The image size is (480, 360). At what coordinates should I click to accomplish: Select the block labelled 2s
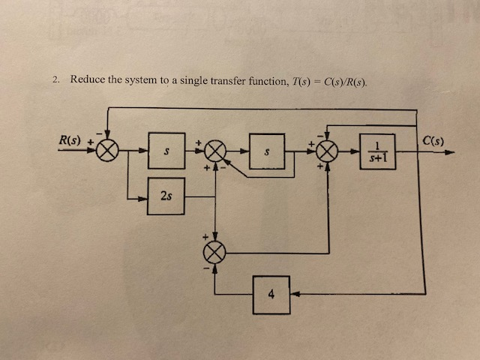[x=166, y=196]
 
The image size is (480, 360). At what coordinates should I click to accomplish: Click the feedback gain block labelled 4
[x=271, y=292]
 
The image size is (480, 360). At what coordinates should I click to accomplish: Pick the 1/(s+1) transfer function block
[x=376, y=151]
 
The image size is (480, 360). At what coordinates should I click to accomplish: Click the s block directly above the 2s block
[x=166, y=151]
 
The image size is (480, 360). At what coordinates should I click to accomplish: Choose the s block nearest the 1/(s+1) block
[x=268, y=151]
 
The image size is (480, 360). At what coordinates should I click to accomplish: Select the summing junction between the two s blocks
[x=216, y=151]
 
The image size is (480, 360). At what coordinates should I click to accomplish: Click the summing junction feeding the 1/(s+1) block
[x=328, y=151]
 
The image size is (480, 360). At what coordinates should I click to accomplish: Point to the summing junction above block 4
[x=216, y=253]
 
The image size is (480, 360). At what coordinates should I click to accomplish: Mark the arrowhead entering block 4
[x=294, y=292]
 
